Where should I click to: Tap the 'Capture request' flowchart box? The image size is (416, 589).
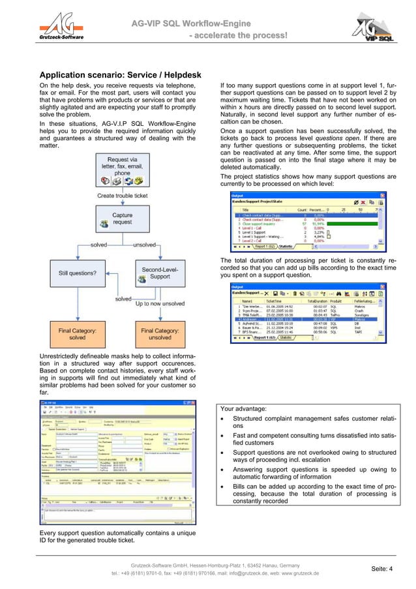[x=122, y=220]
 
